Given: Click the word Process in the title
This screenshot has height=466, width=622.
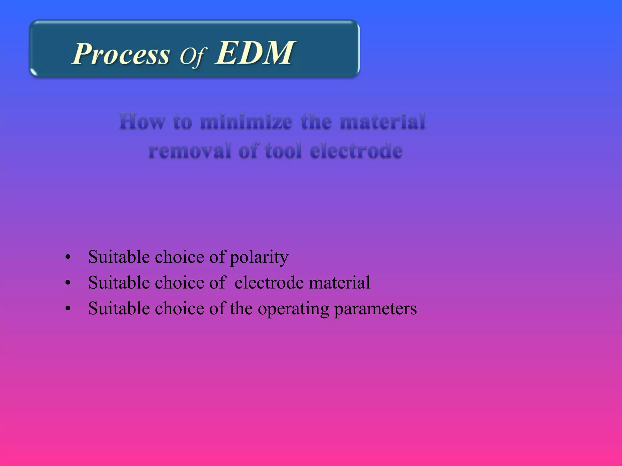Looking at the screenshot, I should [121, 54].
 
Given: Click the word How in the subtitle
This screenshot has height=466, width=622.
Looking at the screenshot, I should [142, 121].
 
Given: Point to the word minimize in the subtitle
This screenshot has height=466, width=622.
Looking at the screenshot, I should [246, 121].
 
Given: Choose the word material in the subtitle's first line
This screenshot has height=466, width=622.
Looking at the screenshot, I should [382, 121].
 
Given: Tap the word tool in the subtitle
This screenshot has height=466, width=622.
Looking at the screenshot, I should [283, 150].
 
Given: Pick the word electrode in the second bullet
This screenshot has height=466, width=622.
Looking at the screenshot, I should [269, 283].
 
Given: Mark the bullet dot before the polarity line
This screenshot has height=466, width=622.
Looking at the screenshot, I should [68, 258].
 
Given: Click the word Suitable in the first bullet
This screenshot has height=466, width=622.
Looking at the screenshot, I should [119, 257].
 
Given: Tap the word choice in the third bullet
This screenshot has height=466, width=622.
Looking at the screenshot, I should [179, 309].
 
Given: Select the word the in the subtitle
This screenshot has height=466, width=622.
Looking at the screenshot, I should [316, 121].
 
